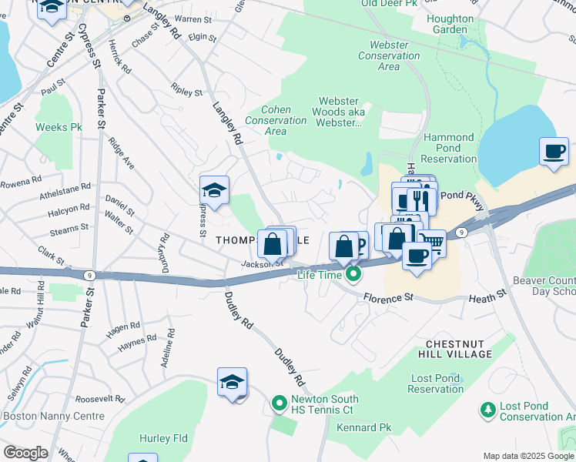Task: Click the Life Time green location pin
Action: tap(353, 273)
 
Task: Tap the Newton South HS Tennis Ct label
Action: tap(324, 404)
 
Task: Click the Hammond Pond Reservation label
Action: tap(449, 148)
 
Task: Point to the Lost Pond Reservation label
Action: tap(436, 383)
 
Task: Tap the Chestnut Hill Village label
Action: tap(457, 347)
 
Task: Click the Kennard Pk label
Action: tap(364, 427)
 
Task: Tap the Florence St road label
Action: tap(389, 296)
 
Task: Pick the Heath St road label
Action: tap(488, 293)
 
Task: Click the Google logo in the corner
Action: tap(25, 453)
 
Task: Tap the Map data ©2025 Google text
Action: tap(528, 456)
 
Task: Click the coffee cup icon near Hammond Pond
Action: tap(554, 151)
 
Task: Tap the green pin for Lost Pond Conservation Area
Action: tap(487, 411)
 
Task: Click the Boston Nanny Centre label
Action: tap(54, 416)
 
